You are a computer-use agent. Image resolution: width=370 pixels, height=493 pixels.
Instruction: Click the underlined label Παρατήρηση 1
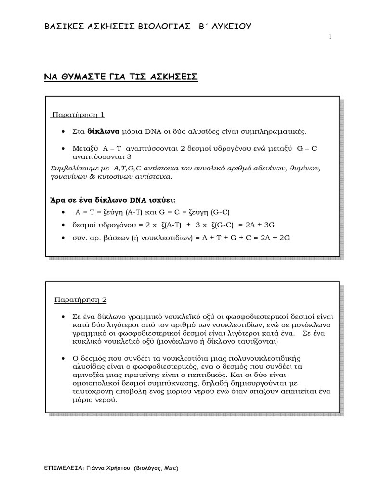click(x=79, y=115)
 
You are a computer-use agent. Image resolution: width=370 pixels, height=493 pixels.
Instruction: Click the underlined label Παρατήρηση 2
click(x=79, y=299)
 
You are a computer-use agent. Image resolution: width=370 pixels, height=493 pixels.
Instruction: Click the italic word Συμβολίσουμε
click(x=74, y=169)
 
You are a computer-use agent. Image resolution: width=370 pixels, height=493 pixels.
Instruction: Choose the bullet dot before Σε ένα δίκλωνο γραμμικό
click(x=64, y=316)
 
